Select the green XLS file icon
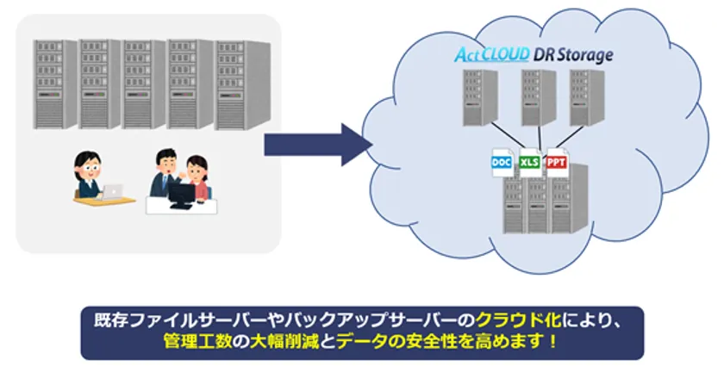pos(531,163)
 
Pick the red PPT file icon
pos(557,161)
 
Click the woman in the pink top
pos(199,177)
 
